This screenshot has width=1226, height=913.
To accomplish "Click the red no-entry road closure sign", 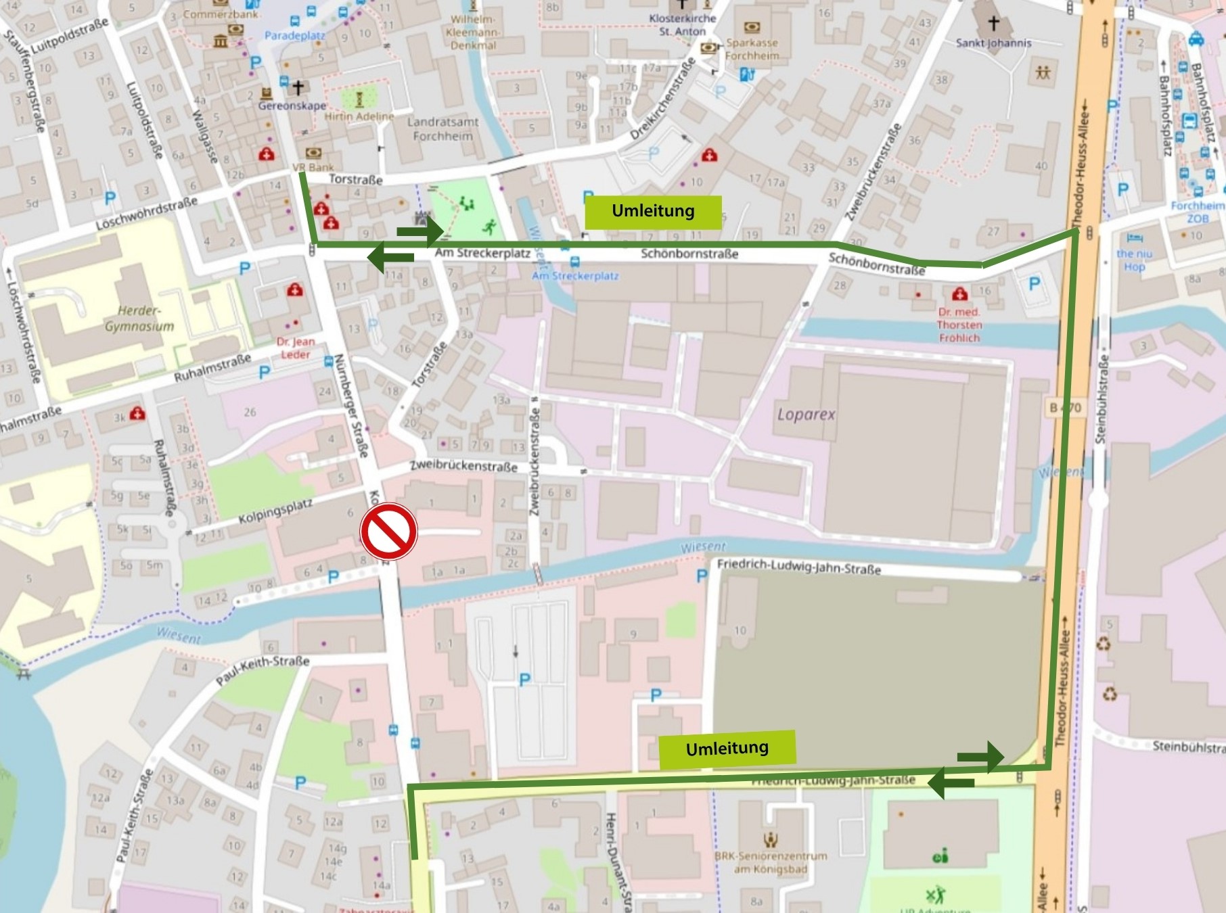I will pyautogui.click(x=388, y=531).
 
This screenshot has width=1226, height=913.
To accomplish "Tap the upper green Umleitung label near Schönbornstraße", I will pyautogui.click(x=653, y=211).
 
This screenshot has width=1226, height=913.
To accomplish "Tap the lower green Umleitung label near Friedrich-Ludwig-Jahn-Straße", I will pyautogui.click(x=727, y=749).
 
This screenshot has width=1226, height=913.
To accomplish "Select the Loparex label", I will pyautogui.click(x=806, y=414).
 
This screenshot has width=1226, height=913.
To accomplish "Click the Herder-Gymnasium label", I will pyautogui.click(x=139, y=319).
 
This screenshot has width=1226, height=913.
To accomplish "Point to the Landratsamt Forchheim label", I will pyautogui.click(x=442, y=128).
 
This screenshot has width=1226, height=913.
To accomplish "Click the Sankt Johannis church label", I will pyautogui.click(x=993, y=43).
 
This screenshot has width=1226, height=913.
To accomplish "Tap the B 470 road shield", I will pyautogui.click(x=1065, y=408).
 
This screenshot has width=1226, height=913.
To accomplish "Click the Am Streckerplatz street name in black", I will pyautogui.click(x=482, y=253).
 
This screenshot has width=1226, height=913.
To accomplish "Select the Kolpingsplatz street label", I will pyautogui.click(x=275, y=512).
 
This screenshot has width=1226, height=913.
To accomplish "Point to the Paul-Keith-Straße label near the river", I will pyautogui.click(x=263, y=670).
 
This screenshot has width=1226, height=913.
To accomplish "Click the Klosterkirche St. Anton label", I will pyautogui.click(x=682, y=25).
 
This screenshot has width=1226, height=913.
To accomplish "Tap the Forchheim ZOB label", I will pyautogui.click(x=1197, y=212).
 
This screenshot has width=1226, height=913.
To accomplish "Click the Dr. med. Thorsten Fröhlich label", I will pyautogui.click(x=959, y=325).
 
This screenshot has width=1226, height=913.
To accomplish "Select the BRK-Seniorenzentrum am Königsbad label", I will pyautogui.click(x=771, y=862).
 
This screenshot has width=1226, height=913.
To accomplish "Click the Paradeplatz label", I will pyautogui.click(x=294, y=35).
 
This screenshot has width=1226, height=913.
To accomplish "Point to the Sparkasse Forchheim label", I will pyautogui.click(x=751, y=49).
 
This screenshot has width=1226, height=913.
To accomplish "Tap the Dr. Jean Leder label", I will pyautogui.click(x=295, y=348).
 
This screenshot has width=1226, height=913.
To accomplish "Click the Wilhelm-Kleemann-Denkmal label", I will pyautogui.click(x=473, y=32).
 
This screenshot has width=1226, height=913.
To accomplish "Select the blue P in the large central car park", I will pyautogui.click(x=524, y=680).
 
